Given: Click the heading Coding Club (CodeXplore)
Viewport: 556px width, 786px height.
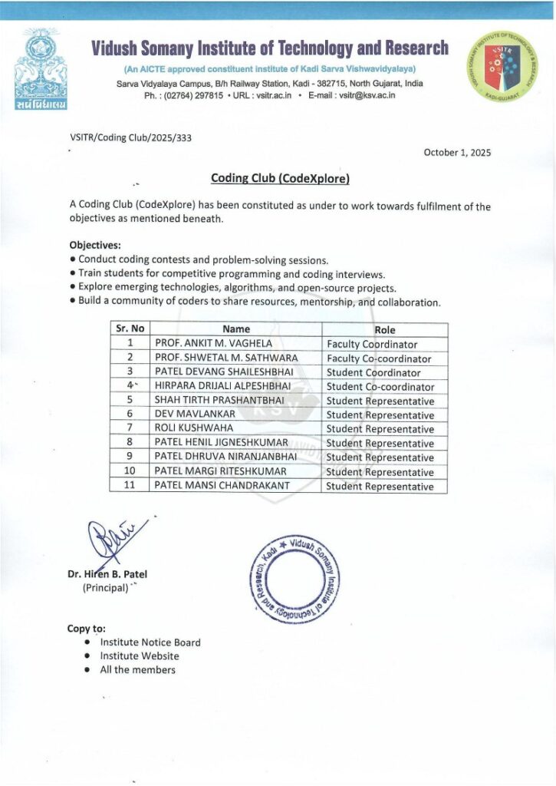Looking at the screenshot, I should click(x=280, y=179).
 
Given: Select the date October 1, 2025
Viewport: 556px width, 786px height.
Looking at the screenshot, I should click(x=457, y=152).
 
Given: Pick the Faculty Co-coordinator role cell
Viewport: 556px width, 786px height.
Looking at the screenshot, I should click(x=379, y=358).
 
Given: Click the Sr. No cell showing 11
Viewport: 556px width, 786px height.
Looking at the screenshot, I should click(x=130, y=486).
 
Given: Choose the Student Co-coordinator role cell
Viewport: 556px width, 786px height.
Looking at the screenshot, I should click(x=380, y=387).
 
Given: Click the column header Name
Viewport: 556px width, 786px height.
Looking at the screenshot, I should click(x=236, y=329).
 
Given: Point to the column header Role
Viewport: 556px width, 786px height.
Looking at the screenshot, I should click(x=385, y=329).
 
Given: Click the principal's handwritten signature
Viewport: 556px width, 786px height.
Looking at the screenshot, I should click(x=109, y=541).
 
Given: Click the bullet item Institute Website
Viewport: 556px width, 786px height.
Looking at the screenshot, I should click(x=140, y=656).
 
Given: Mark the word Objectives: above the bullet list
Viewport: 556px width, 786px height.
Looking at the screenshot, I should click(x=95, y=246).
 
